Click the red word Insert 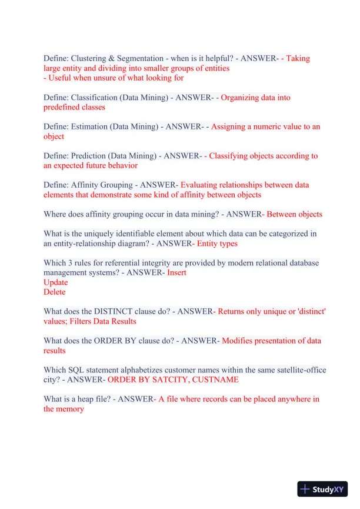click(177, 272)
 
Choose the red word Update click(56, 282)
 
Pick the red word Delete click(55, 292)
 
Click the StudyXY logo click(322, 489)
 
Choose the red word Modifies click(239, 341)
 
